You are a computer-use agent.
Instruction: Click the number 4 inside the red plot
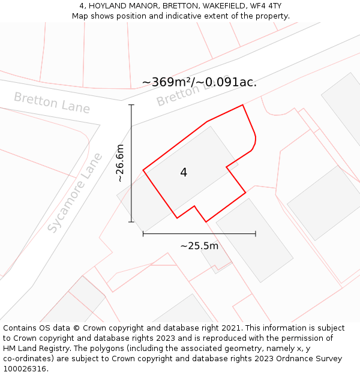point(184,173)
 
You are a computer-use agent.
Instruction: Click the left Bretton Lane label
point(52,103)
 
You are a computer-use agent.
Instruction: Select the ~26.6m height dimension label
point(120,163)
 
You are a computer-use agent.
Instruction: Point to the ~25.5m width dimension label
point(199,245)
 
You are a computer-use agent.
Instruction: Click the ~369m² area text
point(166,82)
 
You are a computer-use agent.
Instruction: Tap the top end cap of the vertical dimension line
point(131,105)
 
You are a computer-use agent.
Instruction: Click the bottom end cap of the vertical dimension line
point(131,222)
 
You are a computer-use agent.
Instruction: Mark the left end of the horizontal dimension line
point(143,233)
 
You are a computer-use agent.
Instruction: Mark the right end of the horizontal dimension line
point(256,233)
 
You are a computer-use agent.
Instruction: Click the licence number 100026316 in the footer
point(25,369)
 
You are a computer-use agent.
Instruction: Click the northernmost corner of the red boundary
point(242,105)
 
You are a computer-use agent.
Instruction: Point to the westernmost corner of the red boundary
point(143,170)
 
